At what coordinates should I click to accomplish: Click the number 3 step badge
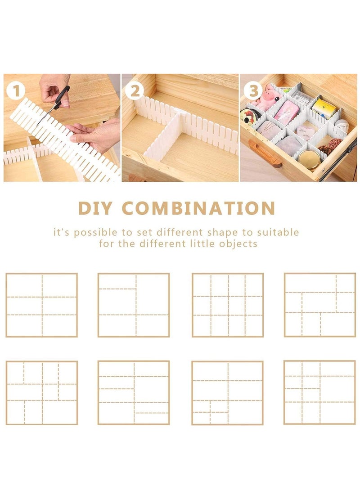(x=254, y=91)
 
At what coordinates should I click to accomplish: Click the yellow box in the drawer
(x=325, y=108)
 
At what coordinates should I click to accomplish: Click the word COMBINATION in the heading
(x=198, y=208)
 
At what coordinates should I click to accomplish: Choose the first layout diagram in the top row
(x=42, y=305)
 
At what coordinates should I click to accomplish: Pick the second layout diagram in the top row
(x=134, y=305)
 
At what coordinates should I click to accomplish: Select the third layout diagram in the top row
(x=228, y=305)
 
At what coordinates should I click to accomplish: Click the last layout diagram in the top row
(x=320, y=305)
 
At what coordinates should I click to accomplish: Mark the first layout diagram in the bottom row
(x=42, y=393)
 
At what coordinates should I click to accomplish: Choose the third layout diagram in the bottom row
(x=228, y=393)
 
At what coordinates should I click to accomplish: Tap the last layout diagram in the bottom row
(x=320, y=393)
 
